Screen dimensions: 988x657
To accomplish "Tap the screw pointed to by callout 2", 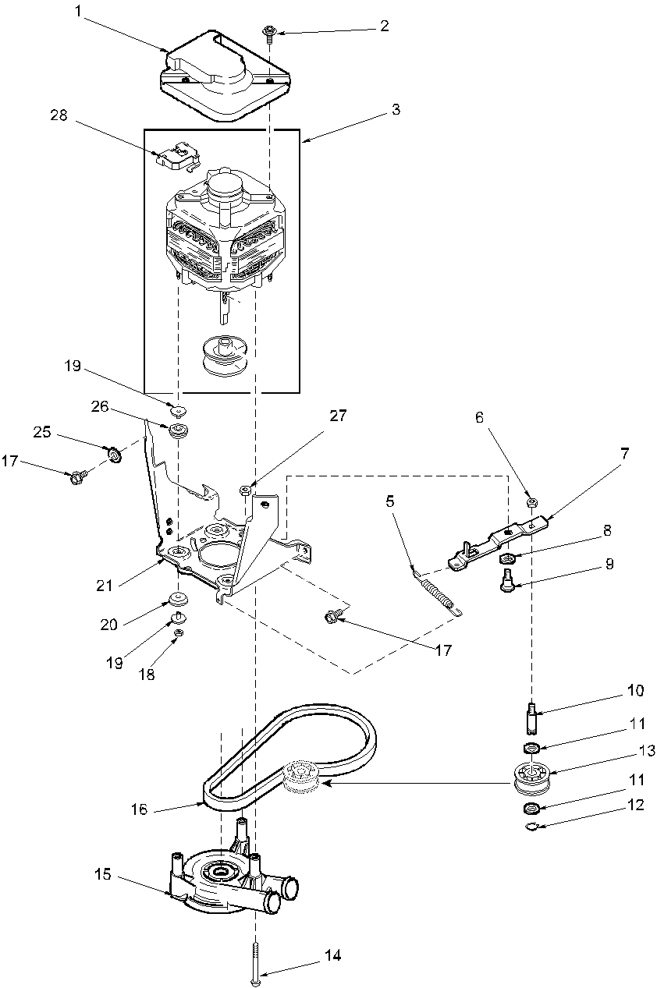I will (269, 32).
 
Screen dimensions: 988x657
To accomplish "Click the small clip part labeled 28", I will (177, 157).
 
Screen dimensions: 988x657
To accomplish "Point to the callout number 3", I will (396, 110).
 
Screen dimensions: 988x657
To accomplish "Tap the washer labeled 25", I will (113, 452).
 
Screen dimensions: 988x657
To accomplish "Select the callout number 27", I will (337, 416).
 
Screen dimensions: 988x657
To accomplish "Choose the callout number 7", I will (626, 452).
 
